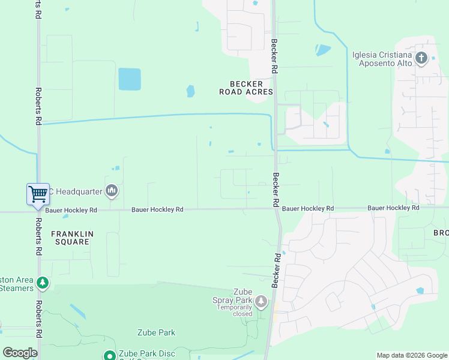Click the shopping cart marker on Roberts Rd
(38, 194)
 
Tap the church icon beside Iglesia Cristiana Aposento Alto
(421, 58)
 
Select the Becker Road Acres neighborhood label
(246, 88)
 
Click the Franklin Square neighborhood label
(70, 238)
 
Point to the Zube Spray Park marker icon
(261, 301)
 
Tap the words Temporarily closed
(235, 310)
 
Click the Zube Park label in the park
(156, 332)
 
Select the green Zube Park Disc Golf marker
(109, 355)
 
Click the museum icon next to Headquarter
(111, 191)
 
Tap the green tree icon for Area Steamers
(42, 281)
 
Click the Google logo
(20, 352)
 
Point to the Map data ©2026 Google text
(411, 355)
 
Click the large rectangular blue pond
(130, 79)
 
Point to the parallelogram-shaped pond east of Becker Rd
(323, 50)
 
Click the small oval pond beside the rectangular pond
(190, 91)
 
